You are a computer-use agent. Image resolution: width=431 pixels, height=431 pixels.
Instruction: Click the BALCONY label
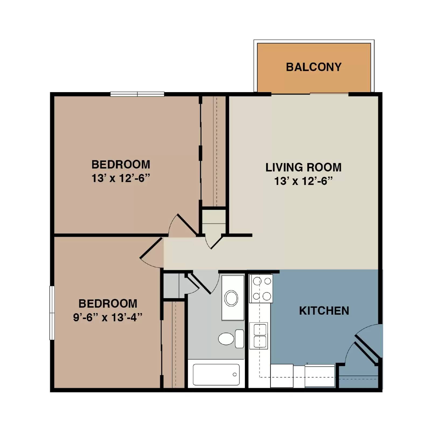click(x=314, y=67)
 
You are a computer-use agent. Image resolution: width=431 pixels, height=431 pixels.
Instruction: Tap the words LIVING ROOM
click(x=303, y=167)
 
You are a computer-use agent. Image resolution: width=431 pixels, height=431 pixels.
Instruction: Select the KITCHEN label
click(x=324, y=311)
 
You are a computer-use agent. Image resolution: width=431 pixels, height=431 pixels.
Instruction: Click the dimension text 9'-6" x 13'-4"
click(x=107, y=317)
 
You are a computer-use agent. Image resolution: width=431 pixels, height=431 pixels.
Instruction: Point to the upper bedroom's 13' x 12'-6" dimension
click(x=120, y=178)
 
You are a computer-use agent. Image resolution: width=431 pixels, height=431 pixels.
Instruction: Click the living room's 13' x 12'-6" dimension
click(x=303, y=181)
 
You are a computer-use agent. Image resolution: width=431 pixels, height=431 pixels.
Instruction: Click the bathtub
click(x=216, y=374)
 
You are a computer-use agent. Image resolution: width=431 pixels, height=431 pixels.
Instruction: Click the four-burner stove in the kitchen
click(x=261, y=289)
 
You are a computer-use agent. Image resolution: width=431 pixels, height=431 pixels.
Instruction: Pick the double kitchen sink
click(x=259, y=336)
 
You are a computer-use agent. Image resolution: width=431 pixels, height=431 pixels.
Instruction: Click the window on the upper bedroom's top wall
click(x=137, y=94)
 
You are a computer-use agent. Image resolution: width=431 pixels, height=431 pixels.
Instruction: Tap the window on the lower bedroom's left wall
click(x=52, y=312)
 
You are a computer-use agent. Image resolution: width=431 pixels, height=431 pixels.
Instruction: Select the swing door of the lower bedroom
click(x=151, y=248)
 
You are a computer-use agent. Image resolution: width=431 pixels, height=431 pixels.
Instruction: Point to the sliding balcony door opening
click(x=310, y=94)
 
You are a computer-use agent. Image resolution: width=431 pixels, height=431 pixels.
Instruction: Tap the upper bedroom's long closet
click(x=213, y=151)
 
